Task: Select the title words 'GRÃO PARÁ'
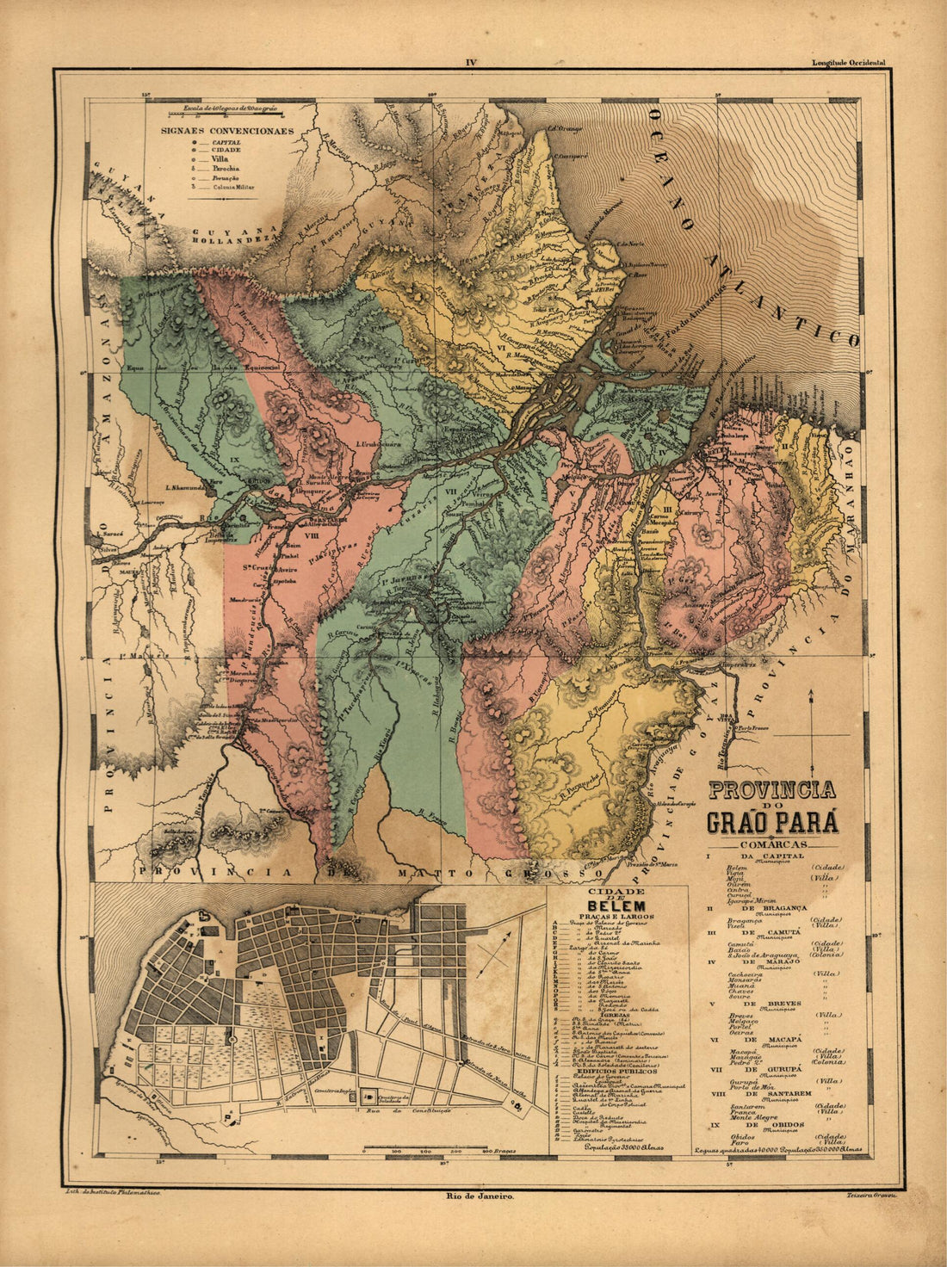[772, 822]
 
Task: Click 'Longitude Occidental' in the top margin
[847, 63]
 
